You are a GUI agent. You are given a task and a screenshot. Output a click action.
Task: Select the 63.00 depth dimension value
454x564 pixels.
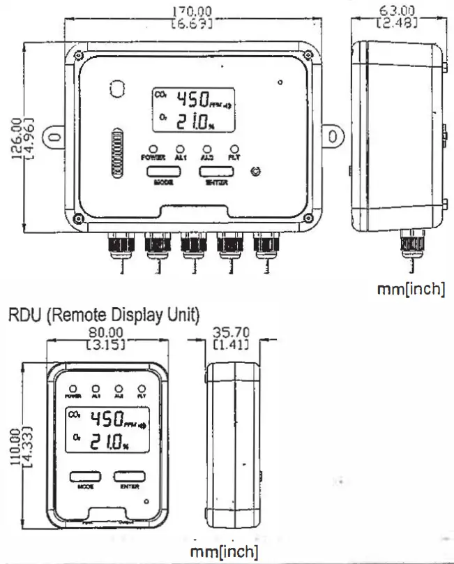[x=396, y=10]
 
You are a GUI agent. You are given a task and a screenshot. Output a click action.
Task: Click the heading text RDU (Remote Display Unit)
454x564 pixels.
[x=104, y=316]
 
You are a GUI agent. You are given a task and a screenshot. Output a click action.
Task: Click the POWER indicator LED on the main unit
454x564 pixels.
[x=153, y=149]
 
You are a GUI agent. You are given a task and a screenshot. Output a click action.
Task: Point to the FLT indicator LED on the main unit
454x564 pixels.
[x=234, y=149]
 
